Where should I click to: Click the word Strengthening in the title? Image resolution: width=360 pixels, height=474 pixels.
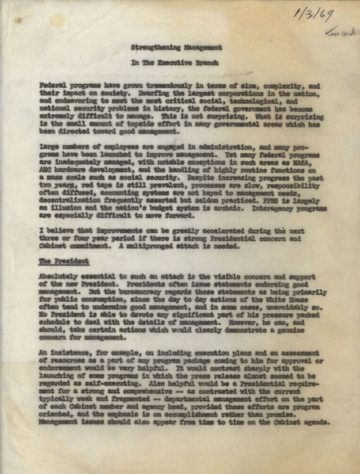coord(154,48)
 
